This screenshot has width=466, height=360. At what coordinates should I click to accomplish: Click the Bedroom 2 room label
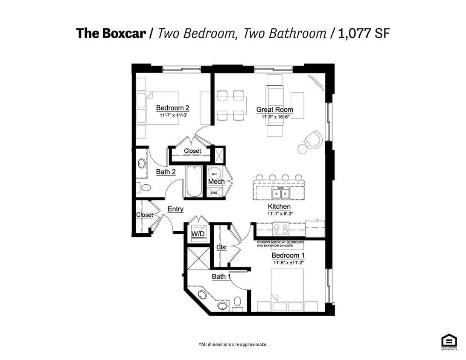click(x=172, y=108)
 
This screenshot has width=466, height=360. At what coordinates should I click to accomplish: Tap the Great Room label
click(x=274, y=110)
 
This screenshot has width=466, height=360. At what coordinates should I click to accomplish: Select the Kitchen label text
click(x=280, y=207)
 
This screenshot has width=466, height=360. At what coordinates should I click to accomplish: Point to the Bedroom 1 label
click(x=288, y=255)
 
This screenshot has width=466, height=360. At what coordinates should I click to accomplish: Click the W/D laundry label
click(x=198, y=234)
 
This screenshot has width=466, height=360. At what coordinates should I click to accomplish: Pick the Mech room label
click(x=216, y=182)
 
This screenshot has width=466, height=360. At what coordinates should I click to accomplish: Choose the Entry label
click(x=175, y=209)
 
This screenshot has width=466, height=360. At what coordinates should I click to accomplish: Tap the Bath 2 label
click(x=166, y=172)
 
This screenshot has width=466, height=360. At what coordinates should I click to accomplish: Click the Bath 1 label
click(x=221, y=277)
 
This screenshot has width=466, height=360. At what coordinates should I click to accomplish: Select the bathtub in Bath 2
click(x=194, y=182)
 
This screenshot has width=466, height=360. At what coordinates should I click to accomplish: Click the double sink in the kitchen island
click(x=280, y=194)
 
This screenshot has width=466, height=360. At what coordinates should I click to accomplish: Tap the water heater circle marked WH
click(x=214, y=173)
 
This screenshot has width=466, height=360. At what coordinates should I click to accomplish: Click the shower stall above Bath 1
click(x=199, y=258)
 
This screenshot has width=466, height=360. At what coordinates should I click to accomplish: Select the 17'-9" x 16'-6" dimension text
click(x=274, y=116)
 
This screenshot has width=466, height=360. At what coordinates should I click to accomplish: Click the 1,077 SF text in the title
click(x=364, y=33)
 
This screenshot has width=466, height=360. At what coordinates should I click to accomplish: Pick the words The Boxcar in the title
click(x=111, y=33)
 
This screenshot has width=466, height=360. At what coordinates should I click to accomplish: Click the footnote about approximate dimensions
click(x=233, y=344)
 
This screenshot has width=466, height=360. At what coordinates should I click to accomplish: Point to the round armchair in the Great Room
click(x=314, y=139)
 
